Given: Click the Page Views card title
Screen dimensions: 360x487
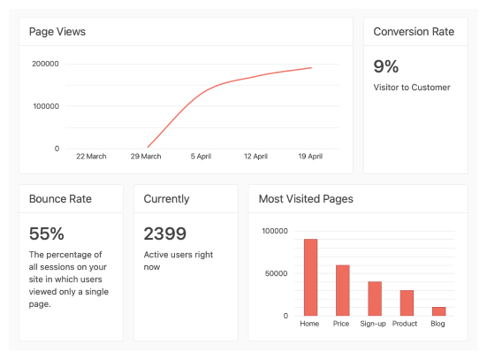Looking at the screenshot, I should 57,32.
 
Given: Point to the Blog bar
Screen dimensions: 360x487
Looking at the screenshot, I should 438,310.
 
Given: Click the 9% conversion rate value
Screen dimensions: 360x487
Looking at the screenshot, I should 386,66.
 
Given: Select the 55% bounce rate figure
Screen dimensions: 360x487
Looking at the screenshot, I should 47,234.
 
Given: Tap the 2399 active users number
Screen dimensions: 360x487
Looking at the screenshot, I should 165,234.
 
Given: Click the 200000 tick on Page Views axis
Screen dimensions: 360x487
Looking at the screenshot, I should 45,64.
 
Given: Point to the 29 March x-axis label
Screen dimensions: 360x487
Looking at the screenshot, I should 146,157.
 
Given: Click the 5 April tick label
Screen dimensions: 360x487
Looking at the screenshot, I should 201,157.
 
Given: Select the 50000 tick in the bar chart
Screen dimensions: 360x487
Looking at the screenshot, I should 276,273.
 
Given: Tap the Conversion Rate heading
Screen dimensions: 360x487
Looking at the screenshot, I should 414,32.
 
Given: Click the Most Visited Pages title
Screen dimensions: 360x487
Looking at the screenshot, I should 306,199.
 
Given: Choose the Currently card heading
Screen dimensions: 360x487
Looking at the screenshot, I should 166,199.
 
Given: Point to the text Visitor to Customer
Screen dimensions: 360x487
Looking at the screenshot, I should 412,88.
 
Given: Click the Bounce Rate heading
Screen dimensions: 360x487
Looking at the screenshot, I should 60,199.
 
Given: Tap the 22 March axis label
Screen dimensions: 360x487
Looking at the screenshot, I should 91,157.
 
